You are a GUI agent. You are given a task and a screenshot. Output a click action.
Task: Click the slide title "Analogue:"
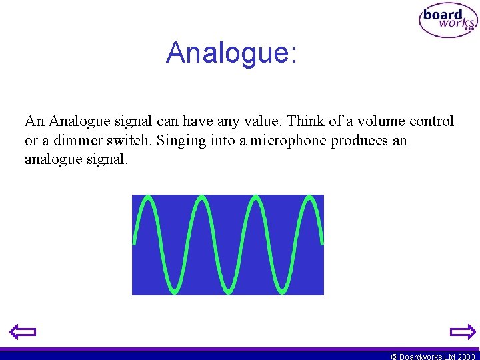coord(231,53)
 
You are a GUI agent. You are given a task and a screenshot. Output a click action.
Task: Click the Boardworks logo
coord(448,21)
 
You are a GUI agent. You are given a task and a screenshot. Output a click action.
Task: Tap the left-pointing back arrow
coord(23,331)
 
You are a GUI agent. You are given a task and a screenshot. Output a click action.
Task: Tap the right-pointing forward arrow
coord(462,331)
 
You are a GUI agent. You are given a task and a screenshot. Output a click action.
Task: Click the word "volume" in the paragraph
coord(378,121)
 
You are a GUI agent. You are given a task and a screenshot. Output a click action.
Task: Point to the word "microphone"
coord(287,141)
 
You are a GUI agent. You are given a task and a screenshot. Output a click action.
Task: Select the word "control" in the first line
coord(431,121)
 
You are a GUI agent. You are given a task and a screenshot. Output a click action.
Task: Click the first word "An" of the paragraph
coord(35,121)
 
